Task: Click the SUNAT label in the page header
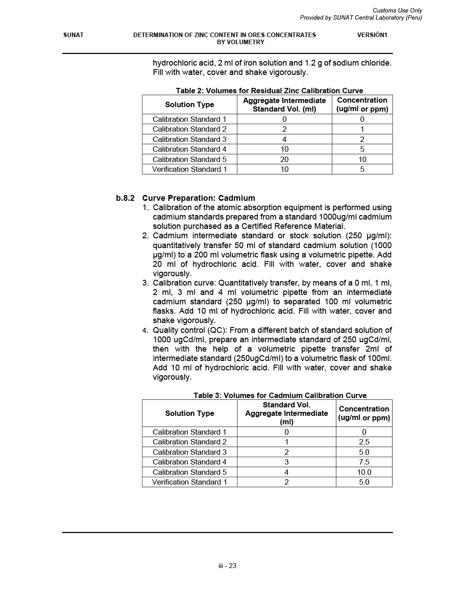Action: pos(73,35)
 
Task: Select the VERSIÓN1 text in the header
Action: pos(372,35)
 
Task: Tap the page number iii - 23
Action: pos(227,566)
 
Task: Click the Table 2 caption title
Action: pos(269,91)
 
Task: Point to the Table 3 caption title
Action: pos(280,395)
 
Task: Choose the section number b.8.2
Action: pos(125,198)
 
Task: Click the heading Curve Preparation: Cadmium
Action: pos(199,198)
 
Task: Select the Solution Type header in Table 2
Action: pos(190,105)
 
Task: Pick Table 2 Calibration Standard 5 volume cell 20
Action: pos(285,159)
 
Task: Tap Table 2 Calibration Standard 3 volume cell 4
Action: pos(285,139)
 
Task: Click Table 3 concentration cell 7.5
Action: pos(364,462)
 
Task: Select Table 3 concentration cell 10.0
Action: pos(364,472)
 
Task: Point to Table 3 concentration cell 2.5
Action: pos(364,442)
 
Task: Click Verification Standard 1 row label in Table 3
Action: pos(190,482)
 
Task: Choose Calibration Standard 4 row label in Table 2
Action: pos(190,149)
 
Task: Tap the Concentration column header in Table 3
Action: pos(364,413)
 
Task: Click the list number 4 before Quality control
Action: pos(145,331)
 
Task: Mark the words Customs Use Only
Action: pos(397,10)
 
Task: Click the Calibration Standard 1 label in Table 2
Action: pos(190,119)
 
